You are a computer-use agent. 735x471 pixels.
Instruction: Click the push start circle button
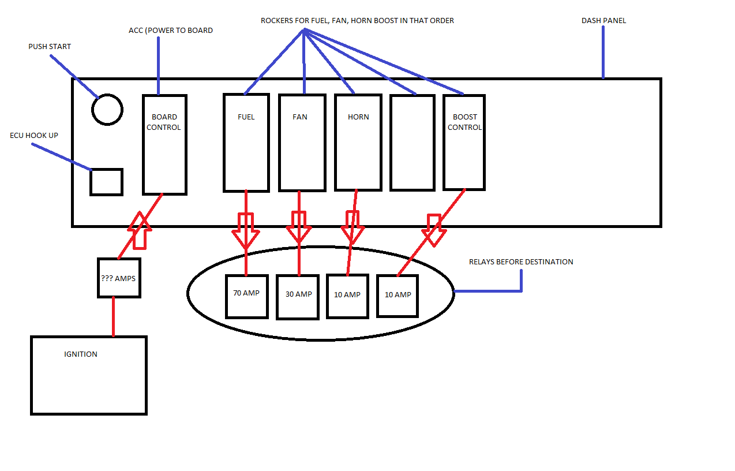pos(107,109)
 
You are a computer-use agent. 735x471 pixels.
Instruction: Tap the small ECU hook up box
pos(107,182)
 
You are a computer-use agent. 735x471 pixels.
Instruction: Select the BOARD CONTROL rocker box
pos(164,145)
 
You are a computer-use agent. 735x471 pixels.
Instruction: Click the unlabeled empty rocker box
pos(412,143)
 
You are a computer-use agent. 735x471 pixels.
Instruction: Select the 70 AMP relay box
pos(247,296)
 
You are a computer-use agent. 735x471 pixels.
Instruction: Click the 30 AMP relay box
pos(298,297)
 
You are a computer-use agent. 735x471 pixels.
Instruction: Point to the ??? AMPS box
pos(119,278)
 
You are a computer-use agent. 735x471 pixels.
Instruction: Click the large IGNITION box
pos(89,375)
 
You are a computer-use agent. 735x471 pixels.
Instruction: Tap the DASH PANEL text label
pos(603,21)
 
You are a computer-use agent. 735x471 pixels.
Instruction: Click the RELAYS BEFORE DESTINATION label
pos(521,262)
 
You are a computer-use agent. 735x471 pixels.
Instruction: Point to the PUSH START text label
pos(50,47)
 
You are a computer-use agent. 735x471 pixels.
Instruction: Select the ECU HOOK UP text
pos(34,136)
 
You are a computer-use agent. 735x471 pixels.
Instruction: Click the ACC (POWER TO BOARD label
pos(171,31)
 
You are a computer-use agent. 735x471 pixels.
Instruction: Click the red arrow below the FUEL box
pos(246,231)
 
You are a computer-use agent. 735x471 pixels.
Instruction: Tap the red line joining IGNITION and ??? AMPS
pos(113,317)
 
